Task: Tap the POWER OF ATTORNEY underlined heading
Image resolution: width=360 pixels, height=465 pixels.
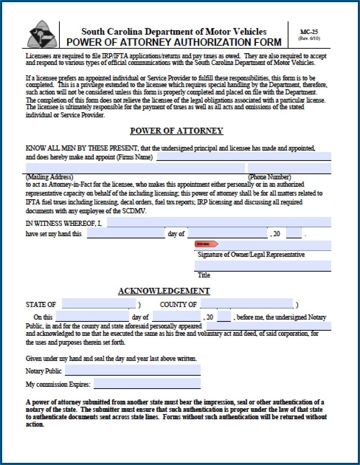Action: click(176, 131)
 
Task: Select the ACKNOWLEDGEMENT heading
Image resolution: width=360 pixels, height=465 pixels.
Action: click(164, 291)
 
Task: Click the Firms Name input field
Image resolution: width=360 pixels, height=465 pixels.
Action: click(243, 157)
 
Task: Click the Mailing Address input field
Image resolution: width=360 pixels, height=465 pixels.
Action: click(135, 168)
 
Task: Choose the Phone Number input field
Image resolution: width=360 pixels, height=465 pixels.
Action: click(289, 168)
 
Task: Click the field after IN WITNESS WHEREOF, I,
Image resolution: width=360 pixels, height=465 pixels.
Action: click(218, 223)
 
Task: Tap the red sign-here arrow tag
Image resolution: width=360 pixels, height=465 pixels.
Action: click(206, 244)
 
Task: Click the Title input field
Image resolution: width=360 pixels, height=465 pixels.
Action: click(262, 266)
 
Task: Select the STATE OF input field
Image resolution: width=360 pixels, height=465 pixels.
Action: click(98, 304)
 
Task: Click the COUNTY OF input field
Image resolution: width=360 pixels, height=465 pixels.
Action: click(246, 304)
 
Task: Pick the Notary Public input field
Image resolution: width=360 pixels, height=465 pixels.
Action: click(132, 370)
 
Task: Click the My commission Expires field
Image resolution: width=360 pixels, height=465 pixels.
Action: click(147, 383)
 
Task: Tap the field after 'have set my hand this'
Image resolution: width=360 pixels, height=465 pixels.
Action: click(126, 233)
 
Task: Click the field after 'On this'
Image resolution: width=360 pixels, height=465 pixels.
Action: click(92, 317)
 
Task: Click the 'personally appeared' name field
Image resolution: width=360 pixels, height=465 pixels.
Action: click(268, 326)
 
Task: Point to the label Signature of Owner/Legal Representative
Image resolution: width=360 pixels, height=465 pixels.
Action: click(251, 255)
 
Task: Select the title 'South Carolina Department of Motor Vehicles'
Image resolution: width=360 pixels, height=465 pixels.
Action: click(174, 31)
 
